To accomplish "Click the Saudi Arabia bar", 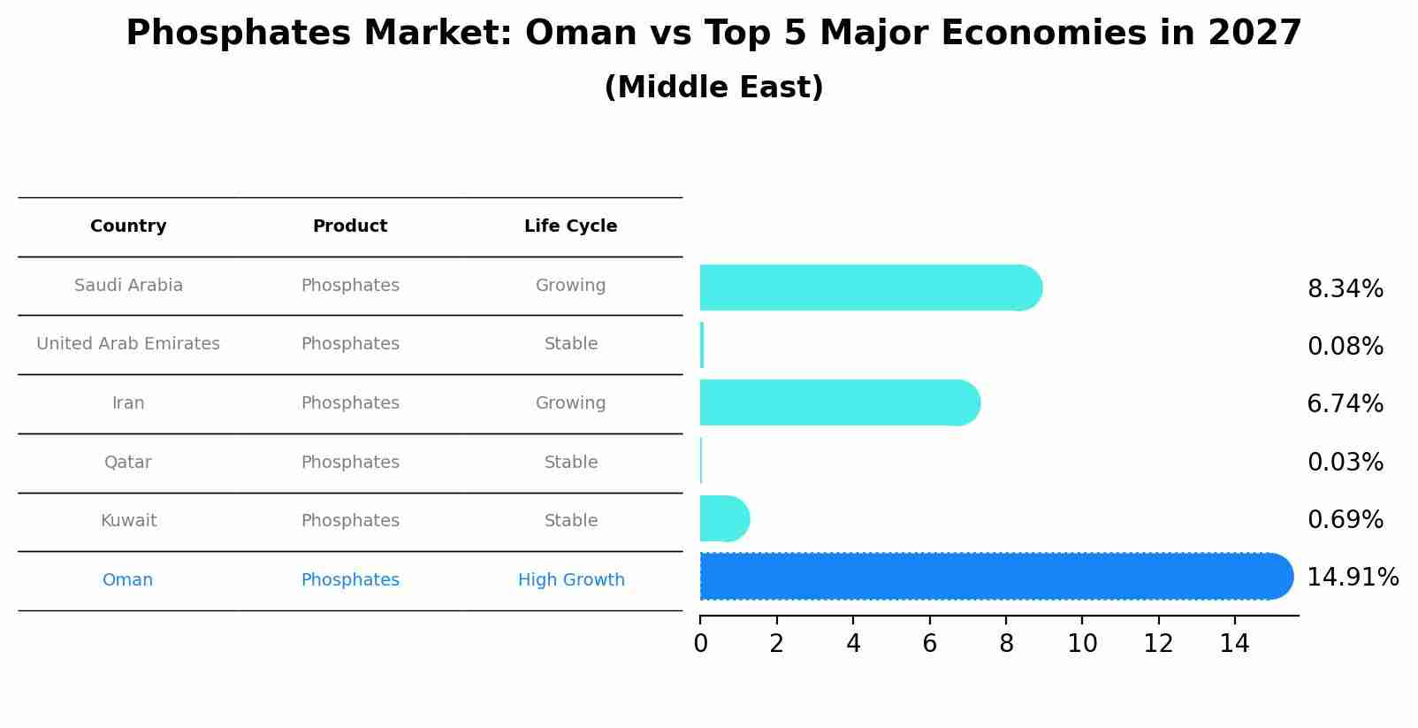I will pyautogui.click(x=871, y=287).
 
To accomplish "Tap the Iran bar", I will pyautogui.click(x=840, y=402).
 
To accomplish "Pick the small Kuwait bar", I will pyautogui.click(x=724, y=518).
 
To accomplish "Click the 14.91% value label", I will pyautogui.click(x=1352, y=578).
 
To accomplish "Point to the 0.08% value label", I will pyautogui.click(x=1345, y=347).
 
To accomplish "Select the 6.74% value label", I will pyautogui.click(x=1345, y=404).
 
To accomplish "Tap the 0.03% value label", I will pyautogui.click(x=1345, y=463).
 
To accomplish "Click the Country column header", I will pyautogui.click(x=128, y=226).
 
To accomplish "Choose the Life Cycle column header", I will pyautogui.click(x=570, y=226).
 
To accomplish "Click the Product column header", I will pyautogui.click(x=350, y=226).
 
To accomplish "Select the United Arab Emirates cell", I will pyautogui.click(x=128, y=344).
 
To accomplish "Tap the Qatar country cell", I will pyautogui.click(x=128, y=463).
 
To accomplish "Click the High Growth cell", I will pyautogui.click(x=571, y=580).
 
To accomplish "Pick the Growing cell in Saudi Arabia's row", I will pyautogui.click(x=570, y=286).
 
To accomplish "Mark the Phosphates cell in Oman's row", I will pyautogui.click(x=350, y=580).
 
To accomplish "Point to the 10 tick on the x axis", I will pyautogui.click(x=1082, y=644).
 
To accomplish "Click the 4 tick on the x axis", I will pyautogui.click(x=853, y=644).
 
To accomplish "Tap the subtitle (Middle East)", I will pyautogui.click(x=713, y=88).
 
